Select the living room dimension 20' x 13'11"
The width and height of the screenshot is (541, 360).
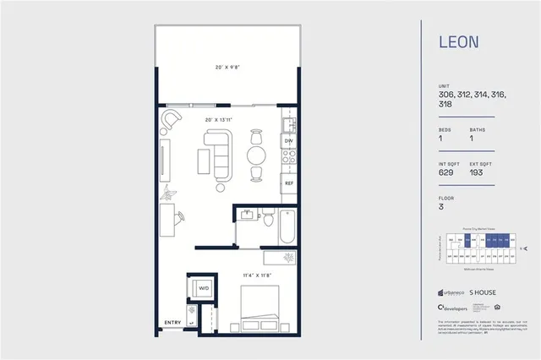[x=218, y=120]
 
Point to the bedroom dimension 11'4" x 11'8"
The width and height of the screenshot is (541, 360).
[x=254, y=274]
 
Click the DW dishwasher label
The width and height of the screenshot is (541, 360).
[x=288, y=141]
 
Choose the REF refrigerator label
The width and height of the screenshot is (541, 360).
[x=288, y=183]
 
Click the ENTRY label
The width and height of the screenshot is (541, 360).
[x=172, y=322]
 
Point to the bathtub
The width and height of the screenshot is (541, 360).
[x=289, y=224]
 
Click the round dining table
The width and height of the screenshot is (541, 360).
[x=257, y=155]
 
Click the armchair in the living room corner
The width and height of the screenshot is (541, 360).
[x=172, y=119]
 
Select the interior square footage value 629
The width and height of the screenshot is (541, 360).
[x=446, y=172]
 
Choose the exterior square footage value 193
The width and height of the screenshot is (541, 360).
[x=478, y=172]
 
